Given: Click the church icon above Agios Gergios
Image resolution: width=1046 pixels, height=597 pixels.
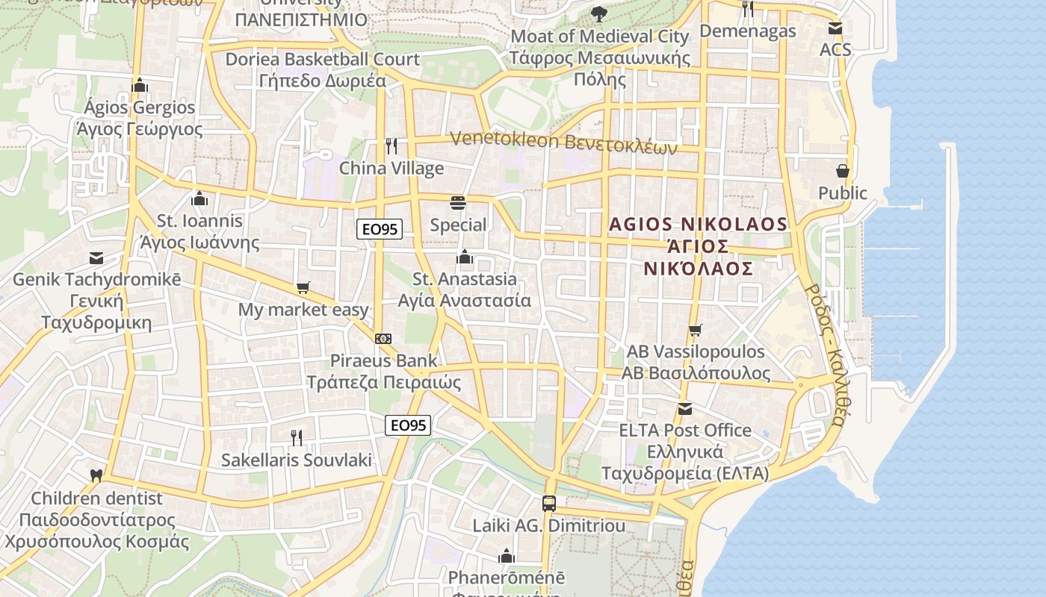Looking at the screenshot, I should pyautogui.click(x=139, y=85).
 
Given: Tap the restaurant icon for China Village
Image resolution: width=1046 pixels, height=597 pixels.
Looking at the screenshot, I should pyautogui.click(x=391, y=146).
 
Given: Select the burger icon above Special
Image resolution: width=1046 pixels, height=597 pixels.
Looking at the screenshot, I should pyautogui.click(x=458, y=202).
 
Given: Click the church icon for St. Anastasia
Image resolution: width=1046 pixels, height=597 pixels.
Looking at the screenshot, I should pyautogui.click(x=465, y=257).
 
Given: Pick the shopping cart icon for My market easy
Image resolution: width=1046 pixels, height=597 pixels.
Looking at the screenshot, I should pyautogui.click(x=303, y=287).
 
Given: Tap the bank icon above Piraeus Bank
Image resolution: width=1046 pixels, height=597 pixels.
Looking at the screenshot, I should pyautogui.click(x=383, y=339).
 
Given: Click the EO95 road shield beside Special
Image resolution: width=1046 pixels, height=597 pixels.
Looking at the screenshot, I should pyautogui.click(x=380, y=229).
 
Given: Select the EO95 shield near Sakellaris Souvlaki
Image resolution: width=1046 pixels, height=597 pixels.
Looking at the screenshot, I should pyautogui.click(x=409, y=425).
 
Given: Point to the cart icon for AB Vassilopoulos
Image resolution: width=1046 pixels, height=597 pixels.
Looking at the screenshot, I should pyautogui.click(x=695, y=329).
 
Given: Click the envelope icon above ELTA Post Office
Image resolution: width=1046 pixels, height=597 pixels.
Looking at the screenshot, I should pyautogui.click(x=684, y=408).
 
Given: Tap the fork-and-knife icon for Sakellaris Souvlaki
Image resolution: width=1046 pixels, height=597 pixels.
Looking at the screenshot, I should pyautogui.click(x=297, y=437).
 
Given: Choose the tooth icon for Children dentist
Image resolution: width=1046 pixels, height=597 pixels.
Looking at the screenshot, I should pyautogui.click(x=96, y=475).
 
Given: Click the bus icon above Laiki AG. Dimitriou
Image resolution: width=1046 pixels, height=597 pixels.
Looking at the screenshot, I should pyautogui.click(x=549, y=503).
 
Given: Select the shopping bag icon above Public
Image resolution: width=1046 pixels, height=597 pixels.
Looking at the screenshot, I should pyautogui.click(x=843, y=171).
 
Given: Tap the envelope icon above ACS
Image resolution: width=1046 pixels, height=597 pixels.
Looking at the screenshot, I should pyautogui.click(x=835, y=28).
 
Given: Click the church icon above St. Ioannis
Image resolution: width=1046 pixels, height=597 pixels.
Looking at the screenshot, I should pyautogui.click(x=199, y=199).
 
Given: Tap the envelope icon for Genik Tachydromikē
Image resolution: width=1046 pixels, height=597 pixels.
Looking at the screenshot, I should pyautogui.click(x=96, y=258).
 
